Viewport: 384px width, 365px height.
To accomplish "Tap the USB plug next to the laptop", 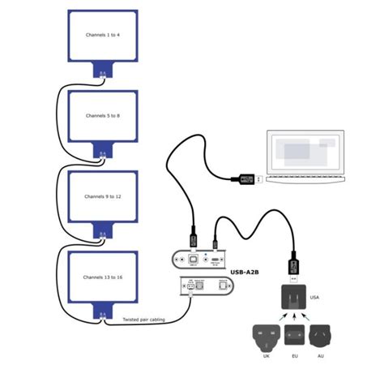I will coord(246,179).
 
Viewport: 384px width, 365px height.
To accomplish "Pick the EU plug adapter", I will coord(295,336).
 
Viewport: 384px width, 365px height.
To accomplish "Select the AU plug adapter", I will coord(325,336).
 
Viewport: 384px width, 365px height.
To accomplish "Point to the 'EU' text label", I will coord(295,356).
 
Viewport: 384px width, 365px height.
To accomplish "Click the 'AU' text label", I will coord(325,356).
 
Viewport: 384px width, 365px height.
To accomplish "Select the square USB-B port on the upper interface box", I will coord(194,260).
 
